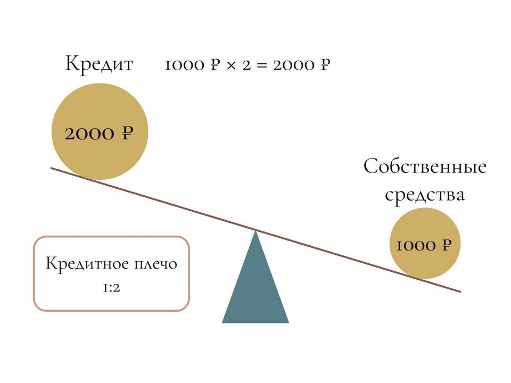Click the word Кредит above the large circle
(x=99, y=64)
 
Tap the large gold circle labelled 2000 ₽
(x=100, y=131)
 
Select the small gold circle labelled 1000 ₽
(x=424, y=244)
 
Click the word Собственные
(x=425, y=167)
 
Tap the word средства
(x=425, y=195)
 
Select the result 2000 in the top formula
(x=294, y=65)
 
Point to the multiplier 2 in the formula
(x=245, y=65)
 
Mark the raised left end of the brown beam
(x=52, y=169)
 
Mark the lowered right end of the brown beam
(x=459, y=291)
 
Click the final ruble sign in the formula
(x=325, y=65)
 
